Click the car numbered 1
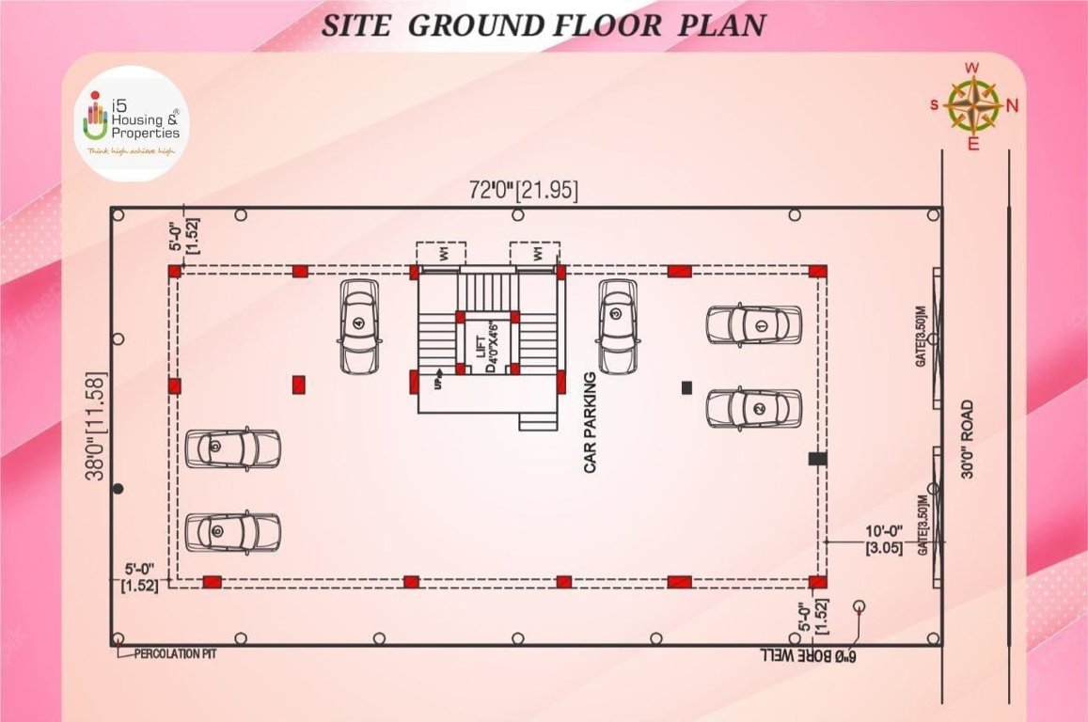754,325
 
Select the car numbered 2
754,408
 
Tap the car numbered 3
617,326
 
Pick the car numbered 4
359,327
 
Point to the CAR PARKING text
591,422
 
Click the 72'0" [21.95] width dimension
523,190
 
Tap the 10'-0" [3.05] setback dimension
884,540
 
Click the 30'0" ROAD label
968,440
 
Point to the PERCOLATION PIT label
175,652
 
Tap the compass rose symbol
973,104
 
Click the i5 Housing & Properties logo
132,123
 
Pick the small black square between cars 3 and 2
686,386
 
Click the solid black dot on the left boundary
118,488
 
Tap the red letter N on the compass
1012,105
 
